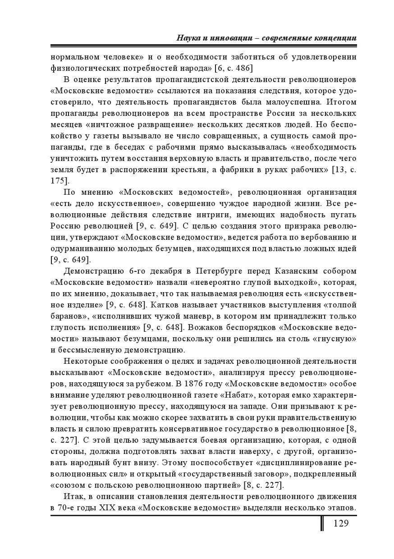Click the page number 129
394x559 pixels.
340,523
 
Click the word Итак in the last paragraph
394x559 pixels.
73,496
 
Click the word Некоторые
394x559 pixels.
85,361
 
